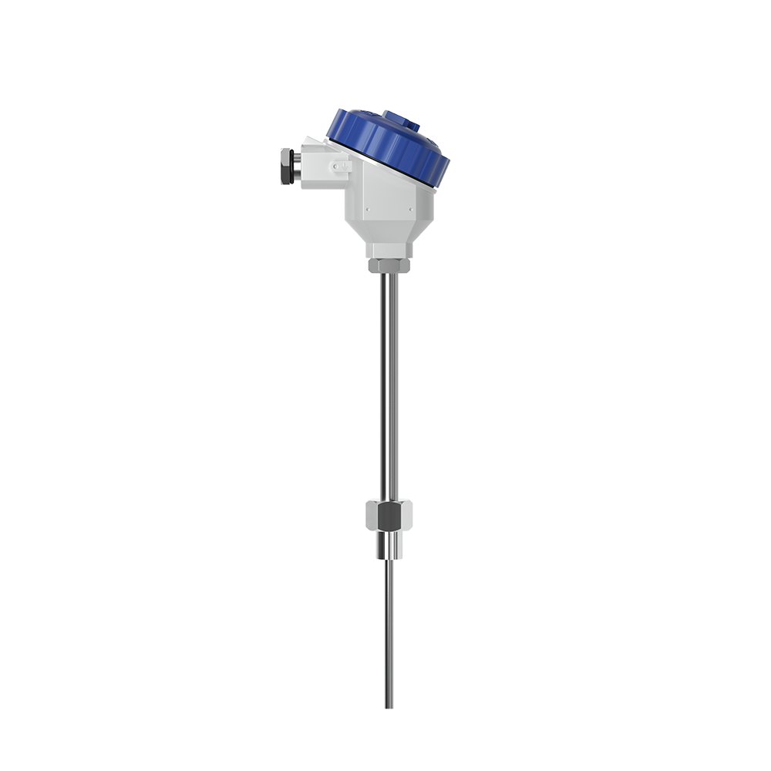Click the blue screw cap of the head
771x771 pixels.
click(x=389, y=146)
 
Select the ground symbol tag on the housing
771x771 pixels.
click(x=342, y=165)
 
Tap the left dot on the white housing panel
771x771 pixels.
click(x=368, y=208)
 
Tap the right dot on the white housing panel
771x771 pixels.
click(x=409, y=208)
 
